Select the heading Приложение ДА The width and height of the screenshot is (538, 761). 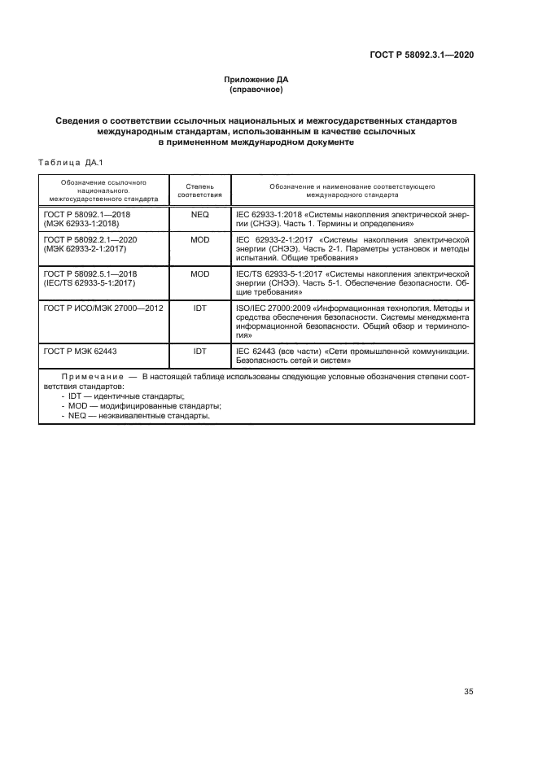tap(256, 79)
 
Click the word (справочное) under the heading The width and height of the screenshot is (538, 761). tap(256, 90)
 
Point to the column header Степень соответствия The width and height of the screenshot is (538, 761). tap(199, 190)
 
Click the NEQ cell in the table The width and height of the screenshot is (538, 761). tap(199, 213)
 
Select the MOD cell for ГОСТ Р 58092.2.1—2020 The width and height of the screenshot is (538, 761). tap(199, 240)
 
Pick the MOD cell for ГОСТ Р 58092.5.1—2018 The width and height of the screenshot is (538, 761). tap(199, 274)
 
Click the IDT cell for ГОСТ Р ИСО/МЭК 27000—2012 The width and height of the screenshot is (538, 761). tap(199, 308)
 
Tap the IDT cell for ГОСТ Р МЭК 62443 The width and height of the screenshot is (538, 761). tap(199, 351)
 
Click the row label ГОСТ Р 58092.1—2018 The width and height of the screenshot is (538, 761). tap(87, 213)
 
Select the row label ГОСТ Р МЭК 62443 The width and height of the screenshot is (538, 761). tap(80, 351)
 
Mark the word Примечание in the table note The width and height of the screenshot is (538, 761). tap(88, 378)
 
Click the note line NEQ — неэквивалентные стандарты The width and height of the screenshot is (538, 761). tap(135, 415)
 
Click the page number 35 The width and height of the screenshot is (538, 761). tap(468, 692)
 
